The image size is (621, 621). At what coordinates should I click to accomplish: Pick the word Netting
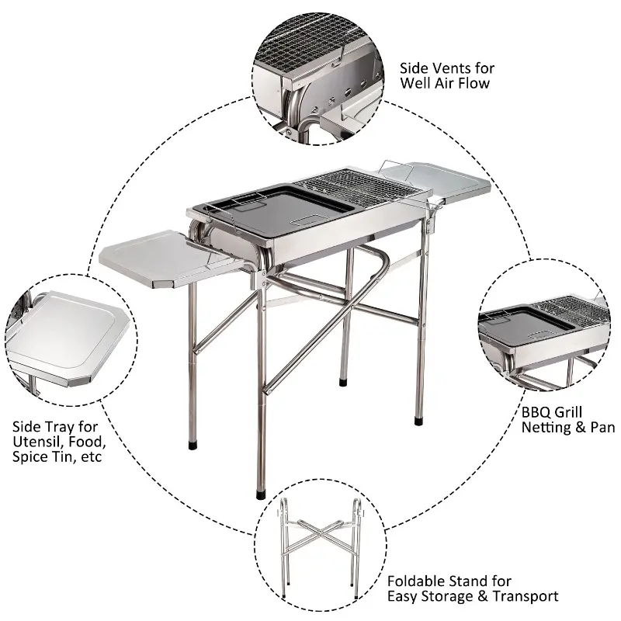click(549, 428)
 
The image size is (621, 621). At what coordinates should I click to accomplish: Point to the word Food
click(85, 442)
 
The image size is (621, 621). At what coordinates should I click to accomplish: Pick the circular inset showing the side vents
click(318, 78)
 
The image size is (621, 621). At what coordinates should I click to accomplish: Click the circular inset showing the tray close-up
click(74, 342)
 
